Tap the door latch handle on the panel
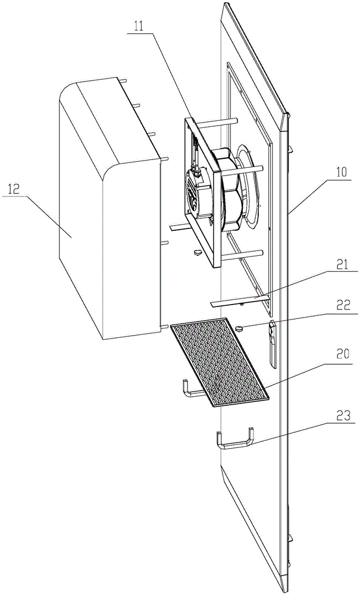(273, 344)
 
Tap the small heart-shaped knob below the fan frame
(198, 252)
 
